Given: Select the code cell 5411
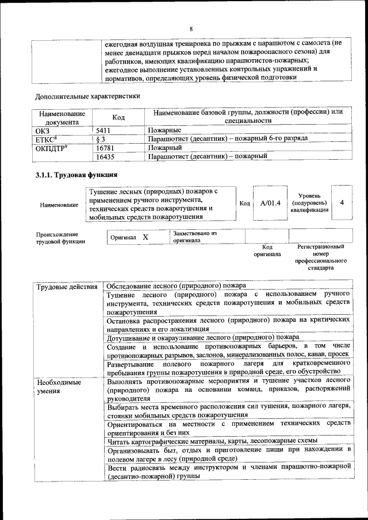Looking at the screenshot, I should [106, 130].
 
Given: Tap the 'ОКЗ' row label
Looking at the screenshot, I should [43, 130].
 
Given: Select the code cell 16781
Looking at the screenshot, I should [107, 147].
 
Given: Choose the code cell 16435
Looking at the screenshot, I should [107, 156].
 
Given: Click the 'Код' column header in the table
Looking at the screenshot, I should [118, 117].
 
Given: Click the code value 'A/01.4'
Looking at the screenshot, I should [270, 203].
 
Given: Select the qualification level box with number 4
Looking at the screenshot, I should [342, 203].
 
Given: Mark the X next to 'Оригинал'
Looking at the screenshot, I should [145, 237].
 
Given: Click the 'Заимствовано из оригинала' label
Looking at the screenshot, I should [195, 237].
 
